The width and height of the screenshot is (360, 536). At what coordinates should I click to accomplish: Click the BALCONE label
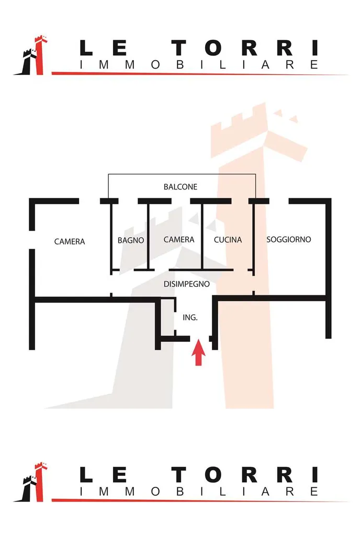(x=181, y=187)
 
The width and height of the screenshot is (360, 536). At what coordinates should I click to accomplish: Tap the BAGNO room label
(x=131, y=240)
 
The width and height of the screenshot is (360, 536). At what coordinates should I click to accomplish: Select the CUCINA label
(x=228, y=240)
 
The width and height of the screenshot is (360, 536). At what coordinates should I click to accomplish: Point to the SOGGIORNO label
(x=289, y=239)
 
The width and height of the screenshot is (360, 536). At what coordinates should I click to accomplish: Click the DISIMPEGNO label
(x=187, y=284)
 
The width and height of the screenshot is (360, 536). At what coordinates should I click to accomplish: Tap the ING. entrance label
(x=190, y=317)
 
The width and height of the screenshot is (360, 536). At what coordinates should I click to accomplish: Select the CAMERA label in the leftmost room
(x=70, y=241)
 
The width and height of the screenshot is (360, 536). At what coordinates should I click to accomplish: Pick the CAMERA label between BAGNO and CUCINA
(x=179, y=239)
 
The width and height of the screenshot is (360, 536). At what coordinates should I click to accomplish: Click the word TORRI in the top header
(x=246, y=49)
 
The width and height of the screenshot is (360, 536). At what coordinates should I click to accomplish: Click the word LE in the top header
(x=104, y=49)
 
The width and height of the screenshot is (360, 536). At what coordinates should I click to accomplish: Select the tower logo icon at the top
(x=31, y=56)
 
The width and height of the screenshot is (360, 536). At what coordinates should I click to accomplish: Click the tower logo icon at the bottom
(x=31, y=482)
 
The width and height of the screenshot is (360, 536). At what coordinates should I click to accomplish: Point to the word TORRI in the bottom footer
(x=246, y=475)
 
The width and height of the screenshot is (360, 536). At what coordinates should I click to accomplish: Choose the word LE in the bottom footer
(x=104, y=475)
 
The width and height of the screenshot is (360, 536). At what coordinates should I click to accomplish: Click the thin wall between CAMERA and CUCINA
(x=203, y=236)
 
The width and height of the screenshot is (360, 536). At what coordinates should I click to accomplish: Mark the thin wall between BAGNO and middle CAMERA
(x=149, y=236)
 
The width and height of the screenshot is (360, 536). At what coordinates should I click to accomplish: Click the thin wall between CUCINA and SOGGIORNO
(x=254, y=236)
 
